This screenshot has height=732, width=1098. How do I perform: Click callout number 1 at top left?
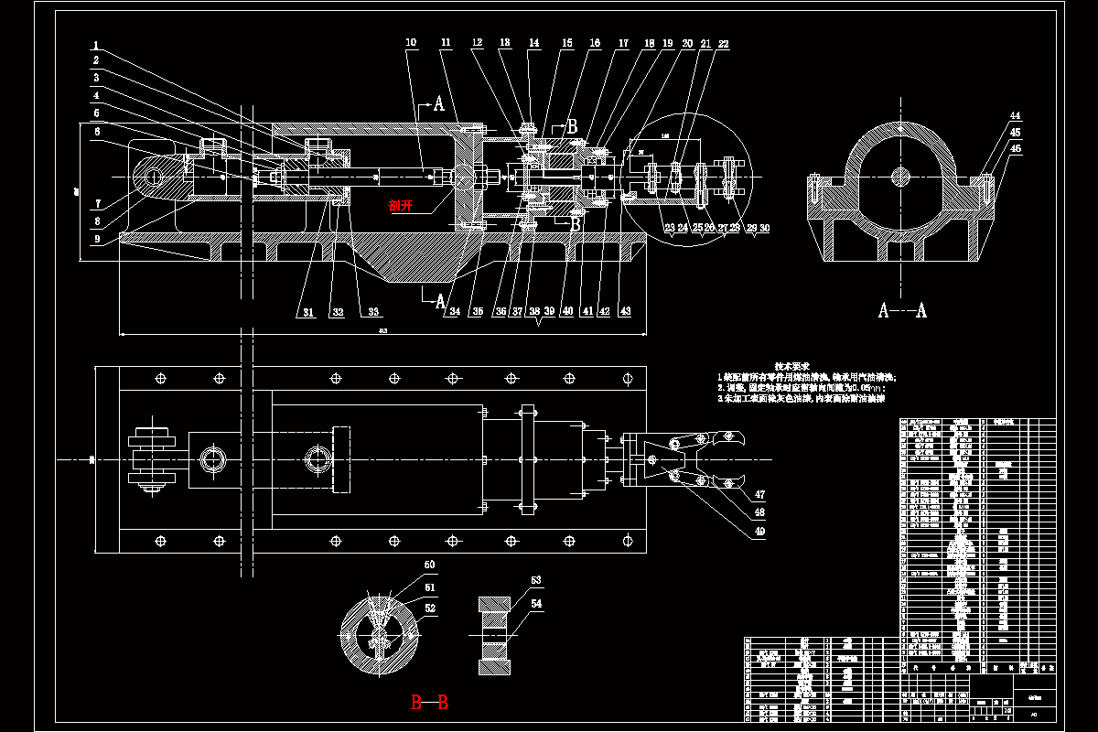96,45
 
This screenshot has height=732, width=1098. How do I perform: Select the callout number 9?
96,241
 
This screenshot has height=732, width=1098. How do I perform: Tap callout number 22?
723,44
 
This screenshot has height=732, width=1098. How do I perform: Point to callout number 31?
308,313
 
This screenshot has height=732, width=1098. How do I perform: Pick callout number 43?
625,312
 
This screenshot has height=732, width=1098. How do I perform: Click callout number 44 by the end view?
1015,116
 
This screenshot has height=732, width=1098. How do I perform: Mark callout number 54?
536,604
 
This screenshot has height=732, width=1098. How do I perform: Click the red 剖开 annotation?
400,206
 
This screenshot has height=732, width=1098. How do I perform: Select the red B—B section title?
429,703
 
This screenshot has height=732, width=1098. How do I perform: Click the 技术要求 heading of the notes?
791,365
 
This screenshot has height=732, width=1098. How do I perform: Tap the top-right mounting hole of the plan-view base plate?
628,378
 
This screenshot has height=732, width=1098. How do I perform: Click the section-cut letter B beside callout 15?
573,126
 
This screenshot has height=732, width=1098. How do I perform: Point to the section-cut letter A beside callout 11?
439,104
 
